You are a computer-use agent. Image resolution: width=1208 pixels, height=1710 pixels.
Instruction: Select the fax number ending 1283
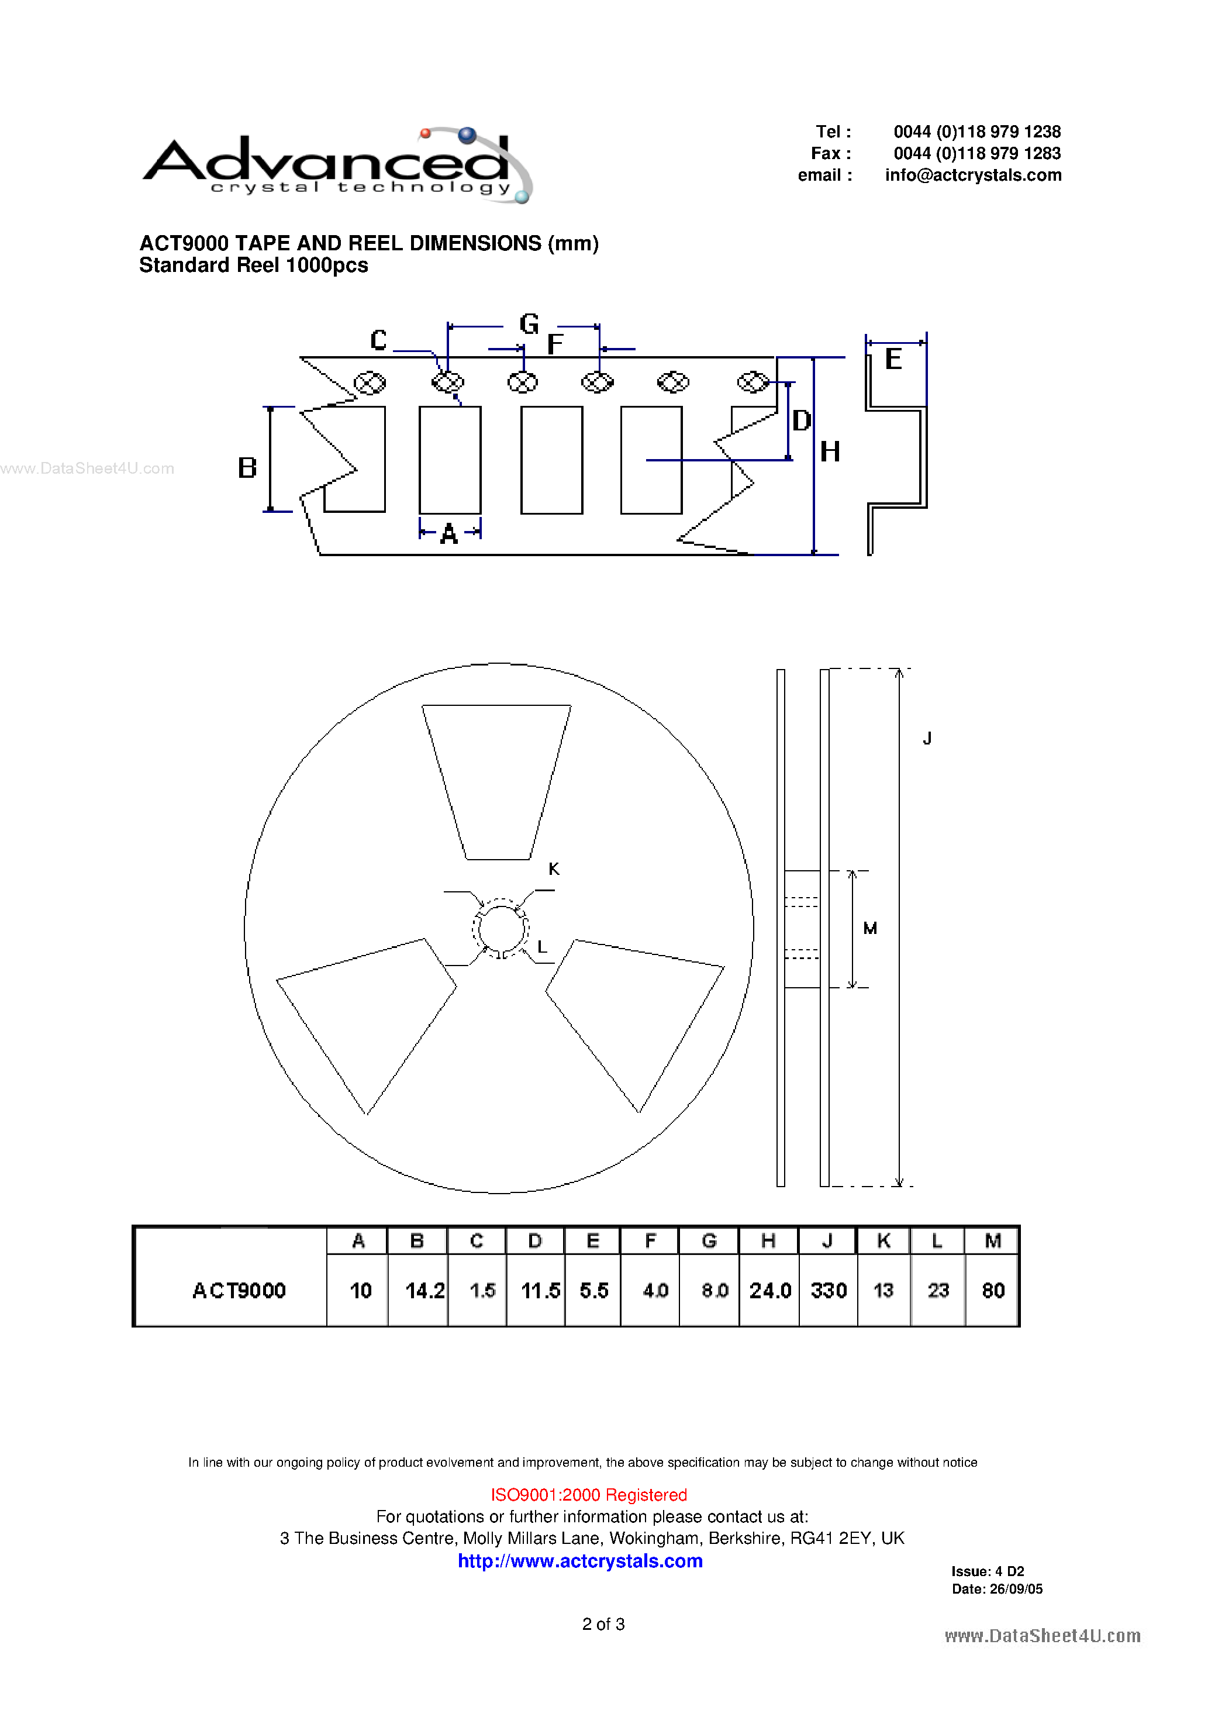click(x=976, y=153)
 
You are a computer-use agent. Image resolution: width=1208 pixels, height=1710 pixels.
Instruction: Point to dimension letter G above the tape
click(x=529, y=324)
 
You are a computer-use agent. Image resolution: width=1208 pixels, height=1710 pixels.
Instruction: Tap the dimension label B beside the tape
click(x=247, y=468)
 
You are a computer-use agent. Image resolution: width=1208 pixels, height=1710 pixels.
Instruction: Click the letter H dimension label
click(x=830, y=452)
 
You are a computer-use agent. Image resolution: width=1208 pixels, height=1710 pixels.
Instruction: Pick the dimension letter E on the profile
click(x=893, y=360)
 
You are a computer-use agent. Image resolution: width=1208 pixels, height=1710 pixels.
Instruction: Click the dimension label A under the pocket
click(x=448, y=534)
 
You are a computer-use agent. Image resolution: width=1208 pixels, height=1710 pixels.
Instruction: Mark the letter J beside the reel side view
click(x=927, y=738)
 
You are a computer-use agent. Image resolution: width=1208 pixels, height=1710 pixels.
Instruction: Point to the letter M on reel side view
click(x=870, y=928)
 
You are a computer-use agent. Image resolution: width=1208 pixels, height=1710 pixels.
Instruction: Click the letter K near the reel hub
click(x=553, y=868)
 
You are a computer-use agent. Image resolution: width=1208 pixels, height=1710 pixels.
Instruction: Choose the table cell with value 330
click(x=828, y=1290)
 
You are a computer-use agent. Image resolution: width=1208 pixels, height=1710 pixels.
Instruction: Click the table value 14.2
click(x=424, y=1290)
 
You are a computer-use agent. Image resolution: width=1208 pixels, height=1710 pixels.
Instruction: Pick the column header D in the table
click(x=535, y=1241)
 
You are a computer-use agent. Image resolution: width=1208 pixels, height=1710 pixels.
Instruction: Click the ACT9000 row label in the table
click(x=239, y=1290)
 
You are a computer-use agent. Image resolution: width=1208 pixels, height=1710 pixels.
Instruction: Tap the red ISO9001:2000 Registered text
click(x=588, y=1494)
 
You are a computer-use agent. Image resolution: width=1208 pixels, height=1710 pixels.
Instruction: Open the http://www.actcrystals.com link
click(x=580, y=1560)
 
